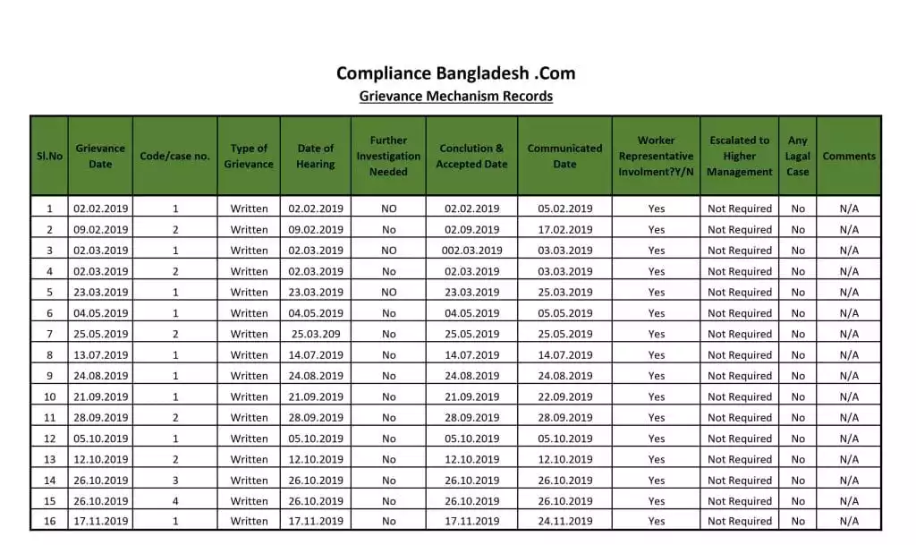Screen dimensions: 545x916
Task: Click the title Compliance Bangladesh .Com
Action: coord(455,73)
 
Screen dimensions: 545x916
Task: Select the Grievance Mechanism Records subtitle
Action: coord(455,96)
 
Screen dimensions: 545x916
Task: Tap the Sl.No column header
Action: coord(49,156)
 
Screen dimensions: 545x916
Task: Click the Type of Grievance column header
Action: coord(249,156)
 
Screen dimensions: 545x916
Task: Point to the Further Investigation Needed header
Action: coord(388,156)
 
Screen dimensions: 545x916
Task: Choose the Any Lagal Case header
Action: coord(798,156)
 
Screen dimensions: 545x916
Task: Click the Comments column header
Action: coord(849,156)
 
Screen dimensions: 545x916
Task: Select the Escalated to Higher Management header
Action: coord(739,156)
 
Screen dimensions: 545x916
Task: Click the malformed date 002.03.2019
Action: coord(472,251)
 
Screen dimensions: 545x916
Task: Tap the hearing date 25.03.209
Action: coord(315,334)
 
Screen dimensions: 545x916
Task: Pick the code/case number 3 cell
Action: coord(175,481)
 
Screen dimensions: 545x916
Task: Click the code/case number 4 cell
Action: coord(175,501)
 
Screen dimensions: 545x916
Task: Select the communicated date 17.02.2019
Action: coord(564,230)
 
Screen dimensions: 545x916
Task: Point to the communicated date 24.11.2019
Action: coord(564,522)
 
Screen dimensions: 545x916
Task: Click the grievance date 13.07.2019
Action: coord(100,355)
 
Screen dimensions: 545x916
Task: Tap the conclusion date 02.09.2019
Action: coord(472,230)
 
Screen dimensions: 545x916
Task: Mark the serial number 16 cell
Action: coord(49,522)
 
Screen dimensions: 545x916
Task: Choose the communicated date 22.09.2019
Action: coord(564,397)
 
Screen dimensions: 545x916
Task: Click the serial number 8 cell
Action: coord(49,355)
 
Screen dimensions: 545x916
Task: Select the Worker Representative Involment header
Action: coord(656,156)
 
